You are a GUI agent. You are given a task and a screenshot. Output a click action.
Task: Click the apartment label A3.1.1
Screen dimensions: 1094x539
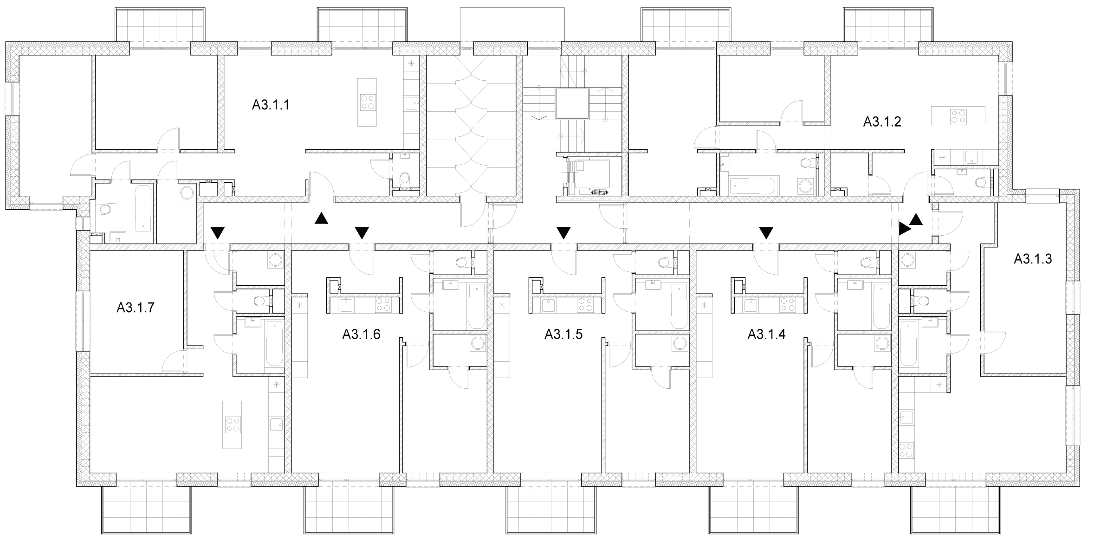click(x=271, y=105)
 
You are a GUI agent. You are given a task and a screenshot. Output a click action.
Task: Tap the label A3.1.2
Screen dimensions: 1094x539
click(x=882, y=122)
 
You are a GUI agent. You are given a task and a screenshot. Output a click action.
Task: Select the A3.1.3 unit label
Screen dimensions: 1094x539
click(x=1032, y=259)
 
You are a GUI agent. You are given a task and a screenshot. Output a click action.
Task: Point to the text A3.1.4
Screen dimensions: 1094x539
click(x=766, y=334)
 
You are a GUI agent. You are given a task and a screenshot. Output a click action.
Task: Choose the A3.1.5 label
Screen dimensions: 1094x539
click(x=563, y=334)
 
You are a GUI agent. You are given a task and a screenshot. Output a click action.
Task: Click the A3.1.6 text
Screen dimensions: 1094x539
click(x=361, y=334)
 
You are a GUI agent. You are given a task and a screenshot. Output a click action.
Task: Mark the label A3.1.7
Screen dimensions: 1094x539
click(x=135, y=307)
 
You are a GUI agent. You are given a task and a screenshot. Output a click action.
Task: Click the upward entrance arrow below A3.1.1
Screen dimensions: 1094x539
click(x=321, y=218)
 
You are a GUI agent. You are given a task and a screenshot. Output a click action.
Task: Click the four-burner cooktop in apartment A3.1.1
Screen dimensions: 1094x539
click(x=368, y=102)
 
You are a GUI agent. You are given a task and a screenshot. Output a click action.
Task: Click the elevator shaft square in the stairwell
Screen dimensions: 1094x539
click(x=572, y=104)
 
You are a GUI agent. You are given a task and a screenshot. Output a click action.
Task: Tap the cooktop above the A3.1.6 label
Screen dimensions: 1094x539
click(x=383, y=305)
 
